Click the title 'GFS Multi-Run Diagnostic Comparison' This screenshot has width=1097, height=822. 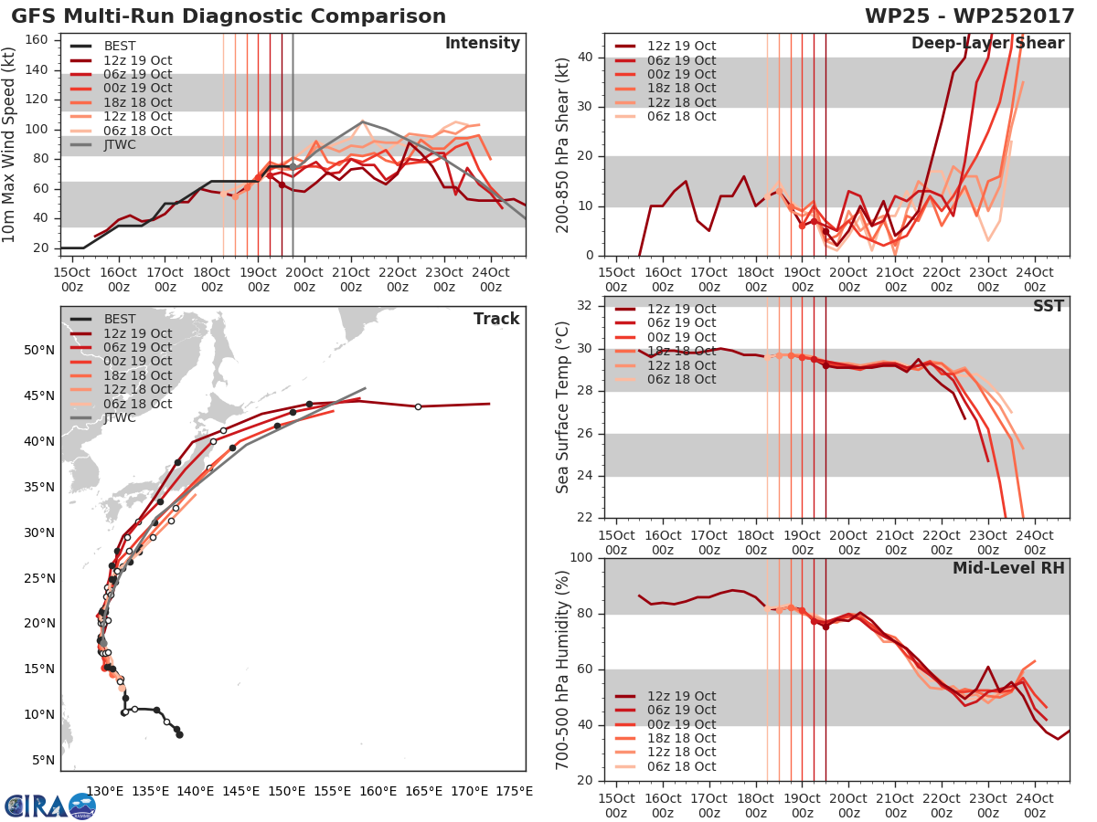[229, 16]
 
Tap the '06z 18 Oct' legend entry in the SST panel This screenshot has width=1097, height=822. [680, 379]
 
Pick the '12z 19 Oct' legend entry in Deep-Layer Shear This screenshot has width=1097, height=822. [680, 46]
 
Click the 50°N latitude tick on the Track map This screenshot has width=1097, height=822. [39, 351]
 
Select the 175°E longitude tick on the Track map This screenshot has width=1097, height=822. [514, 791]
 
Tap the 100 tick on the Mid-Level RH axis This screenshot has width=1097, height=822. [581, 558]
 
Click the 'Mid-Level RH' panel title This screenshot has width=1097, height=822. [1008, 568]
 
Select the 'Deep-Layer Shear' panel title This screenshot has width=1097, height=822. [987, 44]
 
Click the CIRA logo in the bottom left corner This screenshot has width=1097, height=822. [50, 806]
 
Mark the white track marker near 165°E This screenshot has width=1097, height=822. [418, 406]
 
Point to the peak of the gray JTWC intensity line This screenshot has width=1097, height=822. [363, 121]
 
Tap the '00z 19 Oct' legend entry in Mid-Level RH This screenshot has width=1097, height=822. [680, 724]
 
